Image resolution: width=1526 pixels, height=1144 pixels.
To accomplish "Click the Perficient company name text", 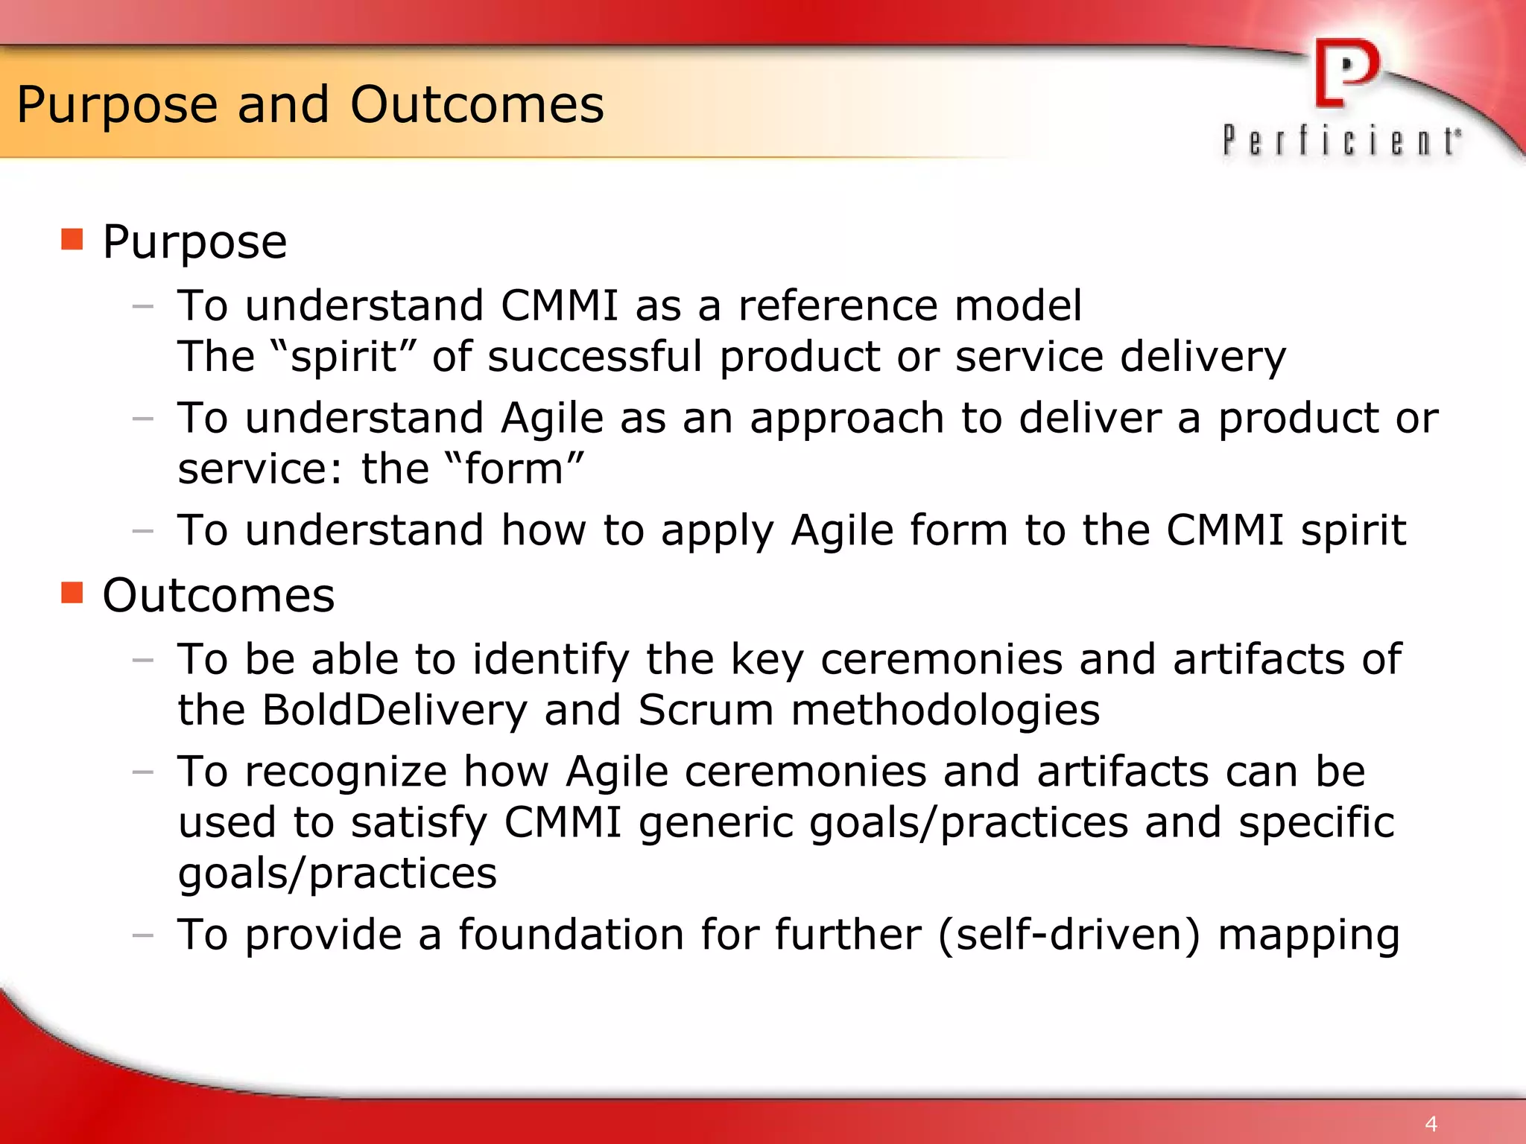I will [1341, 142].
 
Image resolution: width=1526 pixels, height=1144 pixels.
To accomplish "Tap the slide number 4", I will [1431, 1124].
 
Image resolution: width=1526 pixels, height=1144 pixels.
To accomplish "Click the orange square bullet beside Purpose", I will [72, 240].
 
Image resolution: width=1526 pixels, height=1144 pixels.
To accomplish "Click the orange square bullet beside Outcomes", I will [72, 593].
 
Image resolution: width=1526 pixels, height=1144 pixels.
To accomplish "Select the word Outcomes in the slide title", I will [477, 104].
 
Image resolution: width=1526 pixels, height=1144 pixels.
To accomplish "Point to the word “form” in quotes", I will [513, 468].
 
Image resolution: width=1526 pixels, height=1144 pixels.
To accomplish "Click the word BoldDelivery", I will [394, 710].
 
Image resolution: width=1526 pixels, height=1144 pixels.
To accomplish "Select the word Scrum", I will [706, 710].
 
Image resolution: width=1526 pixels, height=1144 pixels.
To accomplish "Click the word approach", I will [847, 419].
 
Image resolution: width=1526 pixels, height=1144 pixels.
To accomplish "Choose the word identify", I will [551, 660].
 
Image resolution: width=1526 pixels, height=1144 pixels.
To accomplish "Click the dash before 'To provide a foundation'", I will [142, 935].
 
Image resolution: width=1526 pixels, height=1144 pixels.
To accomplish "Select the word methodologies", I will [945, 710].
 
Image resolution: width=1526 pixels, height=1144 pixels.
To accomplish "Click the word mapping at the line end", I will [1308, 935].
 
